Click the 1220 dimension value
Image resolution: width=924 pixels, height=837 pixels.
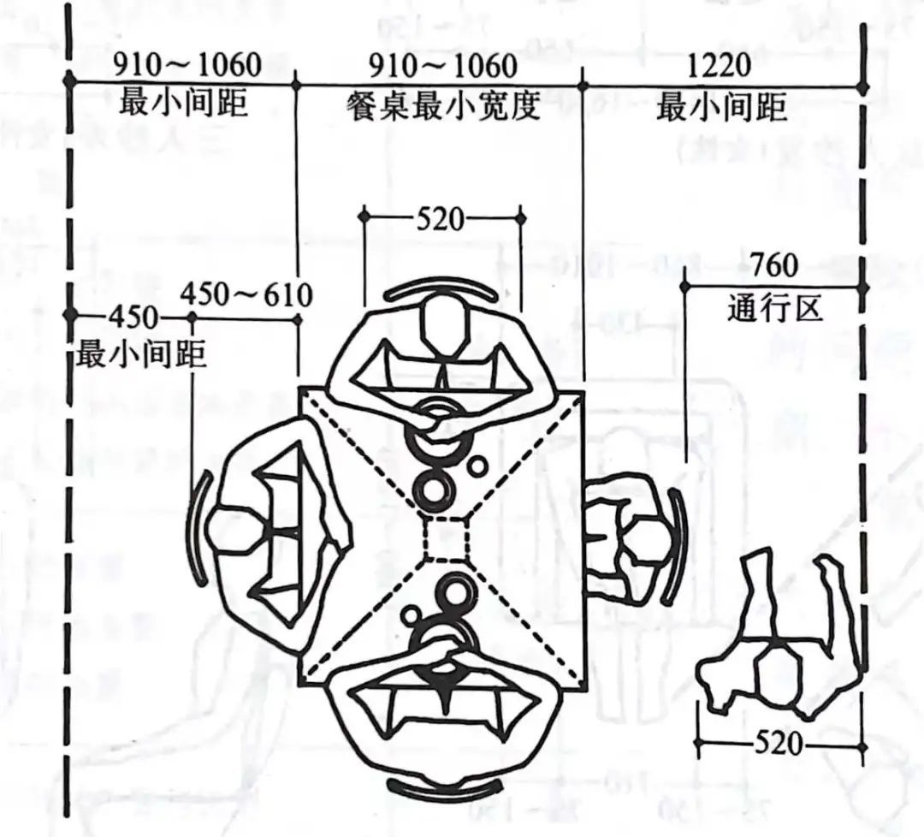tap(719, 65)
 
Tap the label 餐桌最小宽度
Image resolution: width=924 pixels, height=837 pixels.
tap(443, 107)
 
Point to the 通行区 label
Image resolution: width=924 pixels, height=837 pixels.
tap(774, 308)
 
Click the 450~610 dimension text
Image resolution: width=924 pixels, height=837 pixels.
tap(246, 294)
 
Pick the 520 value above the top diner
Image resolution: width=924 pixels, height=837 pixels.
tap(441, 219)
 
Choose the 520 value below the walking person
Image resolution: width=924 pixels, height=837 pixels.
tap(778, 743)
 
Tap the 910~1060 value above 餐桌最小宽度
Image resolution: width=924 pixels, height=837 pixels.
tap(443, 65)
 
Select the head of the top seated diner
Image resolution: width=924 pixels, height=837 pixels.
tap(445, 326)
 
